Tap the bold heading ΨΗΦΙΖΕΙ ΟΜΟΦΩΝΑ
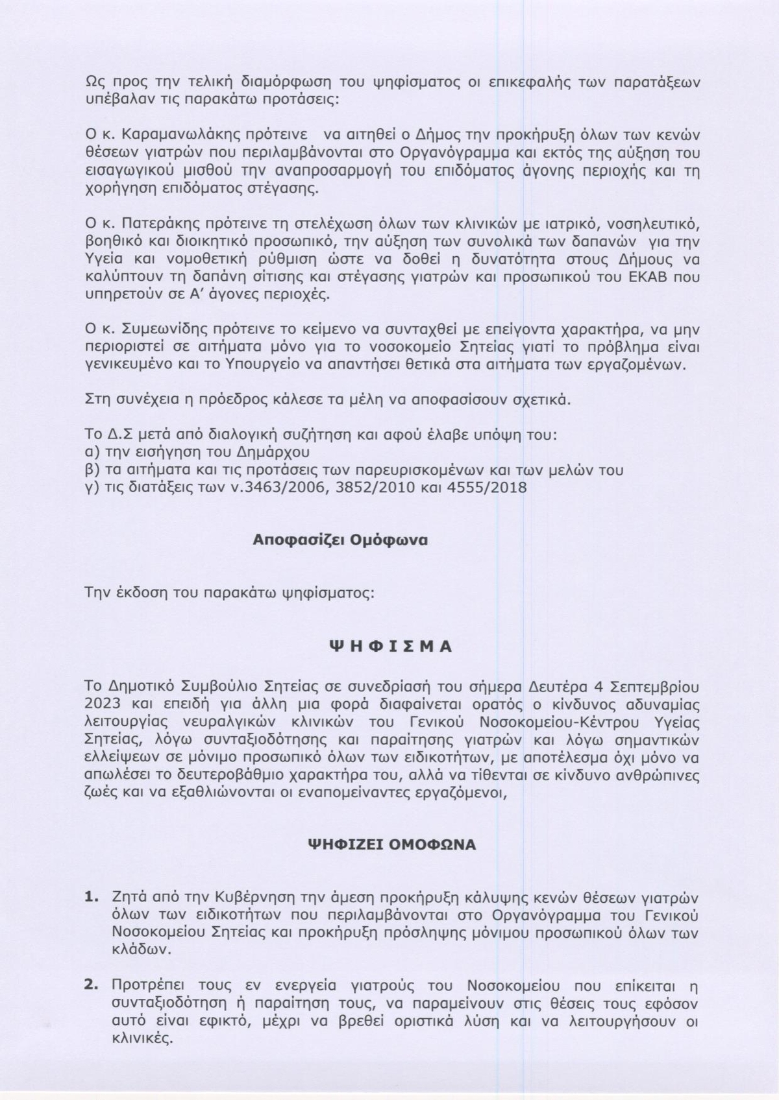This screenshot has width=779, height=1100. (391, 844)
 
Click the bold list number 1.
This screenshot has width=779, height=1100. (92, 898)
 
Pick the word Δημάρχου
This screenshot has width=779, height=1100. (272, 451)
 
